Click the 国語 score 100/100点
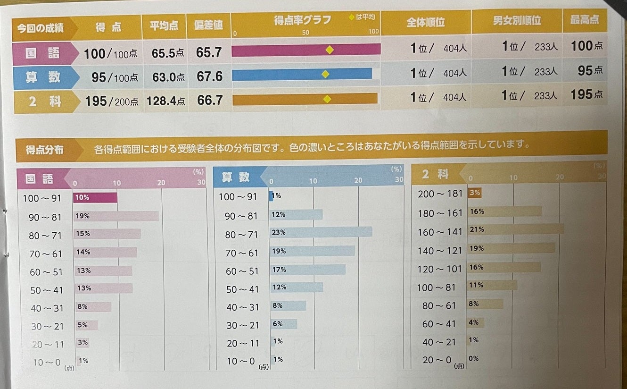coord(111,53)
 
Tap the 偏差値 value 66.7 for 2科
coord(209,100)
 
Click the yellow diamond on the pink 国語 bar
coord(330,50)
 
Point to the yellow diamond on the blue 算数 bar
coord(325,74)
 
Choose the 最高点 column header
coord(584,21)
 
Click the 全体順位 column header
coord(425,22)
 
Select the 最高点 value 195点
coord(586,94)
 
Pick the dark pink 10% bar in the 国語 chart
coord(95,198)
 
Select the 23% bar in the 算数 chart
coord(321,232)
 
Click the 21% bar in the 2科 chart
coord(515,229)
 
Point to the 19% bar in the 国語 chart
coord(116,216)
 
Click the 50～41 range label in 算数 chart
coord(242,289)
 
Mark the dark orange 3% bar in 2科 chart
coord(474,193)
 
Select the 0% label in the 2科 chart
coord(473,358)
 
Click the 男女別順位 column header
coord(516,21)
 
